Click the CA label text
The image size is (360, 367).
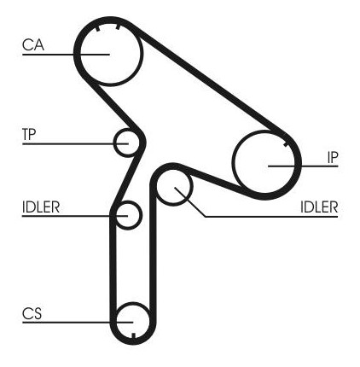pyautogui.click(x=33, y=45)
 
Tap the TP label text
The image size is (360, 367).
pyautogui.click(x=29, y=134)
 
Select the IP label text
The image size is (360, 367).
pyautogui.click(x=333, y=157)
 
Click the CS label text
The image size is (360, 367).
pyautogui.click(x=32, y=313)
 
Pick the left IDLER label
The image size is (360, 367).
pyautogui.click(x=41, y=207)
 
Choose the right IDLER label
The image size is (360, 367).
pyautogui.click(x=319, y=207)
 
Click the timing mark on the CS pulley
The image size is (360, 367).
pyautogui.click(x=133, y=335)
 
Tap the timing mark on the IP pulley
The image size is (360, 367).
pyautogui.click(x=286, y=145)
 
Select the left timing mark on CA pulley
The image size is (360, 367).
pyautogui.click(x=98, y=28)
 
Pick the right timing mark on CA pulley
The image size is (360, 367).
pyautogui.click(x=118, y=26)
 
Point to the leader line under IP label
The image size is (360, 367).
pyautogui.click(x=303, y=166)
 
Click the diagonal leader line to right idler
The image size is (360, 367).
pyautogui.click(x=190, y=202)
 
